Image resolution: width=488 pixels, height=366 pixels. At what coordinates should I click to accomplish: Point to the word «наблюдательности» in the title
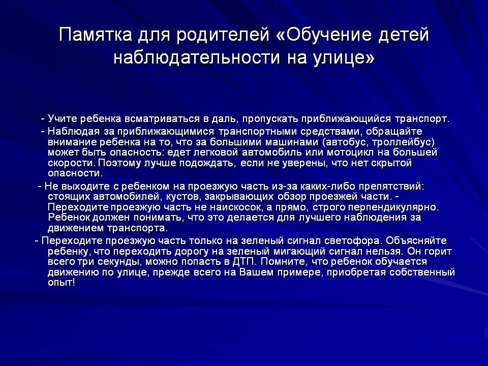click(x=197, y=58)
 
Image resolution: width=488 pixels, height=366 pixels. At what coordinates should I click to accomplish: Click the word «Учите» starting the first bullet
click(x=63, y=119)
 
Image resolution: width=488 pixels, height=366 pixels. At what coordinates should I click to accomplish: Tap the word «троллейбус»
click(x=403, y=142)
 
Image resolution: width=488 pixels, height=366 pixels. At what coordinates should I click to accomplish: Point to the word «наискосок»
click(x=236, y=207)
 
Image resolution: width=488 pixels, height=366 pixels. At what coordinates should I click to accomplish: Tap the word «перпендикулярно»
click(x=393, y=207)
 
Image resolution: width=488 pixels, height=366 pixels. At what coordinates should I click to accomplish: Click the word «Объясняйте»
click(x=416, y=241)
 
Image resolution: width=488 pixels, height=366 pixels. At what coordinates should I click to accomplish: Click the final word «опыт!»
click(x=62, y=283)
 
